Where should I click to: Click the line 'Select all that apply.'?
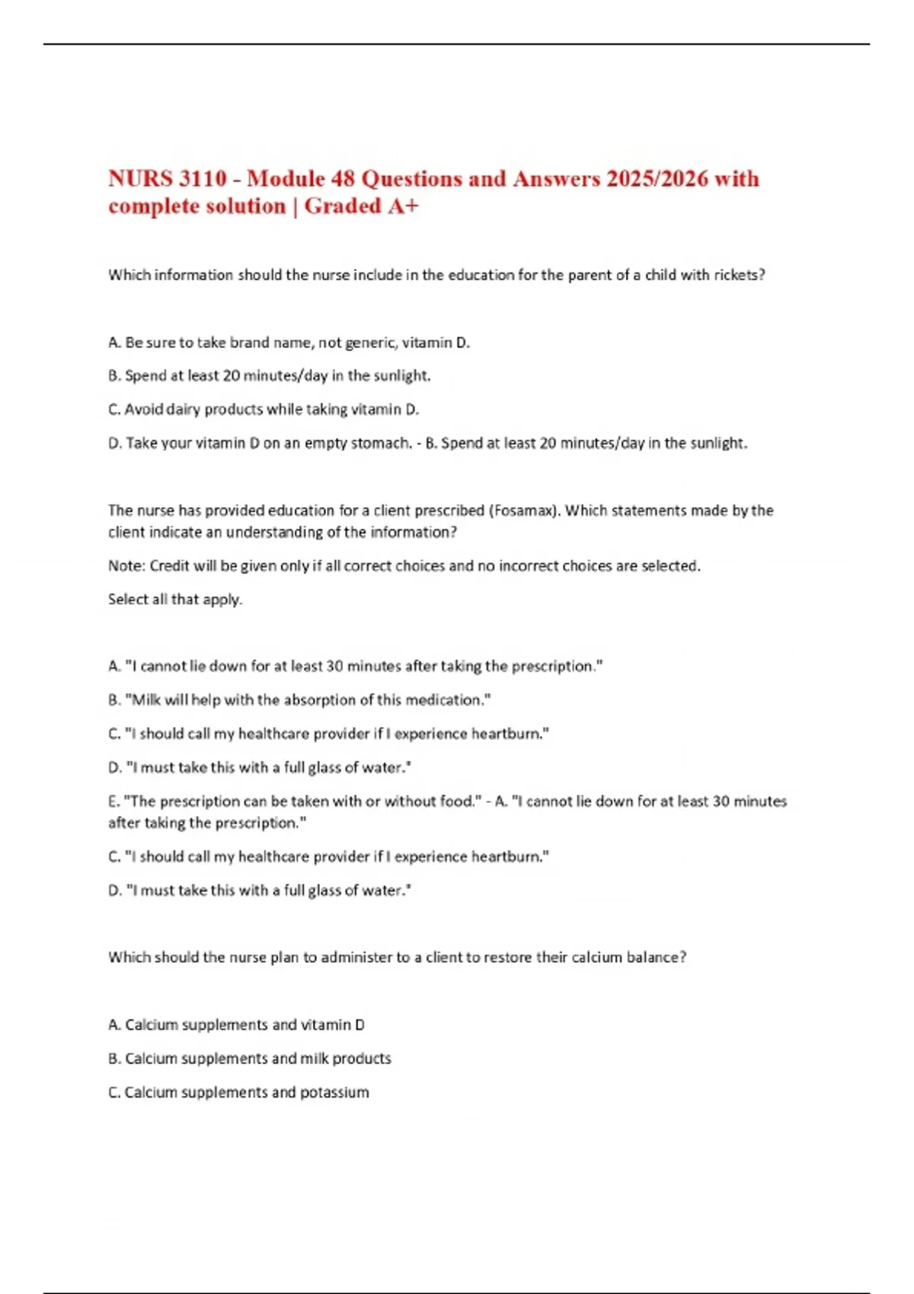pos(175,600)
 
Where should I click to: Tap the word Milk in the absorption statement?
pos(147,700)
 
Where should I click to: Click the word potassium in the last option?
pos(334,1092)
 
